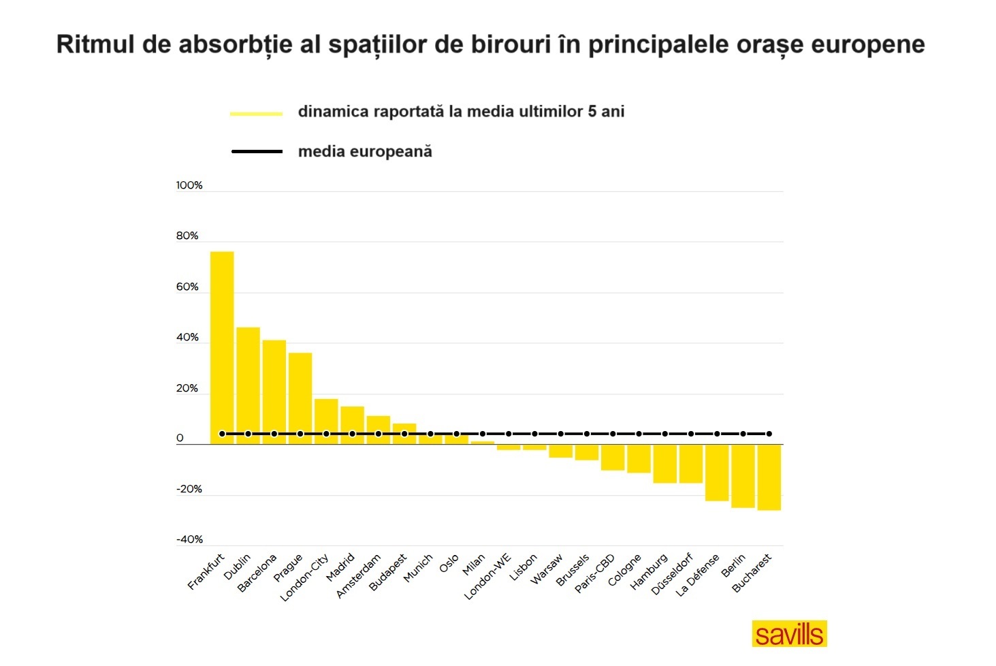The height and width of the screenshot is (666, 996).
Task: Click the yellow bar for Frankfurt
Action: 222,347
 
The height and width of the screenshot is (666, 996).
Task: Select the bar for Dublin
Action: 248,385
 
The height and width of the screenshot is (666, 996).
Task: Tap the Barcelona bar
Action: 274,392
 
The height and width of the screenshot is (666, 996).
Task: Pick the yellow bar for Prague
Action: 300,398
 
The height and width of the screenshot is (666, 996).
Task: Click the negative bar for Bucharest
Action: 769,477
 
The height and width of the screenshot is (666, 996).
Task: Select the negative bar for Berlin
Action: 743,476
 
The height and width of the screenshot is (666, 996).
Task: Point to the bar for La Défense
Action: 717,473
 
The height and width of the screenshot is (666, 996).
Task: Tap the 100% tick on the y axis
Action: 189,185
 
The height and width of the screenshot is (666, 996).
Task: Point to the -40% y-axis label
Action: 189,539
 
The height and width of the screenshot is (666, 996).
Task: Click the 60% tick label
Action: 187,287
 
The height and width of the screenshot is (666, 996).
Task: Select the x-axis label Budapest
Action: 388,573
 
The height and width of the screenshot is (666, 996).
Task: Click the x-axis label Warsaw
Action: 547,569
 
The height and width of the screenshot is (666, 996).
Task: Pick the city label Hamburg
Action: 649,572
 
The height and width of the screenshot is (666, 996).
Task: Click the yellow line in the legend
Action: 256,113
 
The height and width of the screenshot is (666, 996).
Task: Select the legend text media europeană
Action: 365,151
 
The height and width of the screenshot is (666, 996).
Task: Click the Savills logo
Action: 789,633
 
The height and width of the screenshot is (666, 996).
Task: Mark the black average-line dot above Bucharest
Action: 769,434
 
